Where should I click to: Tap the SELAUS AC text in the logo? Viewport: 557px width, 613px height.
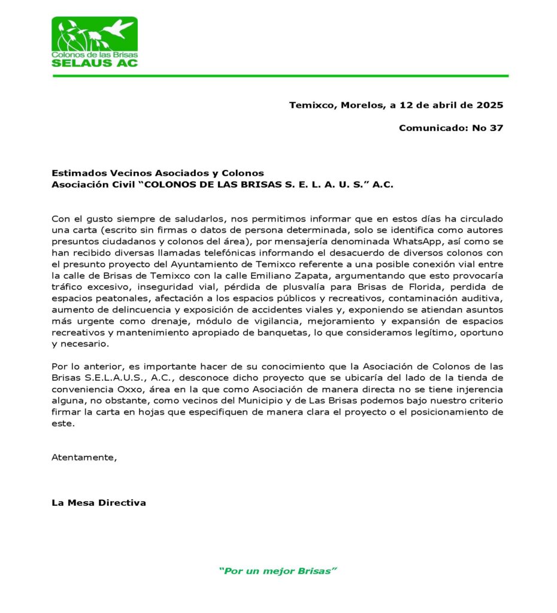[95, 62]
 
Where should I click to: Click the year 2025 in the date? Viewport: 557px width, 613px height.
[489, 105]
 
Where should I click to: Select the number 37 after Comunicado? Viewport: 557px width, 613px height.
[497, 128]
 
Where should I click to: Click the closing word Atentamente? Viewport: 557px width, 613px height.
[84, 457]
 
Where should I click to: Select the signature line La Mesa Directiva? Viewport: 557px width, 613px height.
[99, 503]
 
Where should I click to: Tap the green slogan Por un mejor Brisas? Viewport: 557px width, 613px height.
[278, 571]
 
